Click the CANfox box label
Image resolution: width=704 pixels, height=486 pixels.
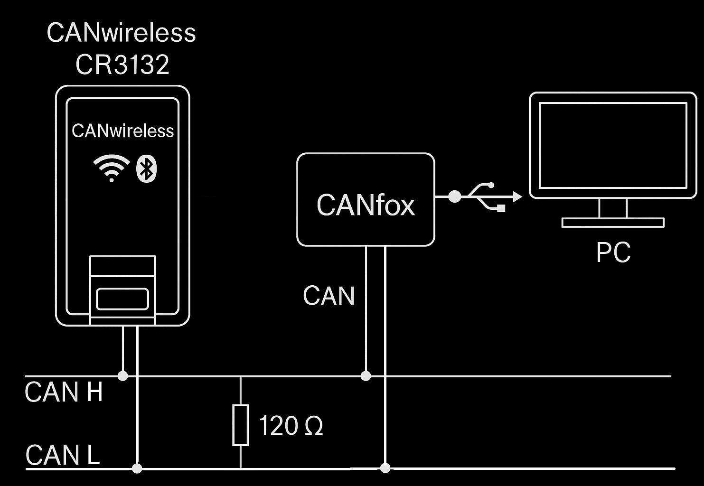pyautogui.click(x=366, y=205)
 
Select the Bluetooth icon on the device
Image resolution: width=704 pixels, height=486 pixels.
pyautogui.click(x=146, y=168)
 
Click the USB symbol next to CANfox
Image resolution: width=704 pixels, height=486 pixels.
pyautogui.click(x=487, y=196)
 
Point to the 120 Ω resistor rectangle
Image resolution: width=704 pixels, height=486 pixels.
pyautogui.click(x=240, y=425)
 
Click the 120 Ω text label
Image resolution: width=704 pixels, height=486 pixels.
pyautogui.click(x=291, y=426)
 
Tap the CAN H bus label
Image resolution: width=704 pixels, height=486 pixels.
pyautogui.click(x=64, y=392)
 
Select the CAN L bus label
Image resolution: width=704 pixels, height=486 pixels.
pyautogui.click(x=63, y=455)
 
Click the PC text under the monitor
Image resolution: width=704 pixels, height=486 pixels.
pyautogui.click(x=613, y=252)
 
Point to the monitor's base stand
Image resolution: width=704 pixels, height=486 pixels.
pyautogui.click(x=612, y=222)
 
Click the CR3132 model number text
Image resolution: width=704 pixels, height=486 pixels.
pyautogui.click(x=122, y=65)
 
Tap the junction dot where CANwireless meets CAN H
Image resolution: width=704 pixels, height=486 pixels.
pyautogui.click(x=123, y=376)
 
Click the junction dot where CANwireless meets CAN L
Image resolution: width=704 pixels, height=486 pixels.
pyautogui.click(x=137, y=468)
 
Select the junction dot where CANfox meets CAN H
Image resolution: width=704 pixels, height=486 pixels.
pyautogui.click(x=366, y=376)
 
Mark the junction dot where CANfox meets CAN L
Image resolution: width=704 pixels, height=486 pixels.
pyautogui.click(x=385, y=468)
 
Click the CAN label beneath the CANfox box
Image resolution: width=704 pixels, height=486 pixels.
pyautogui.click(x=329, y=296)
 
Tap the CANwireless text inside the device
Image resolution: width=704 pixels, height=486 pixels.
pyautogui.click(x=122, y=131)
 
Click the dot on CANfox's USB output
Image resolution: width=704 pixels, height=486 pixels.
pyautogui.click(x=454, y=196)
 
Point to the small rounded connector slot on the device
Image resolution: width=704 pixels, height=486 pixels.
pyautogui.click(x=122, y=299)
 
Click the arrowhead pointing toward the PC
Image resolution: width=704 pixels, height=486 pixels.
pyautogui.click(x=517, y=196)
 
